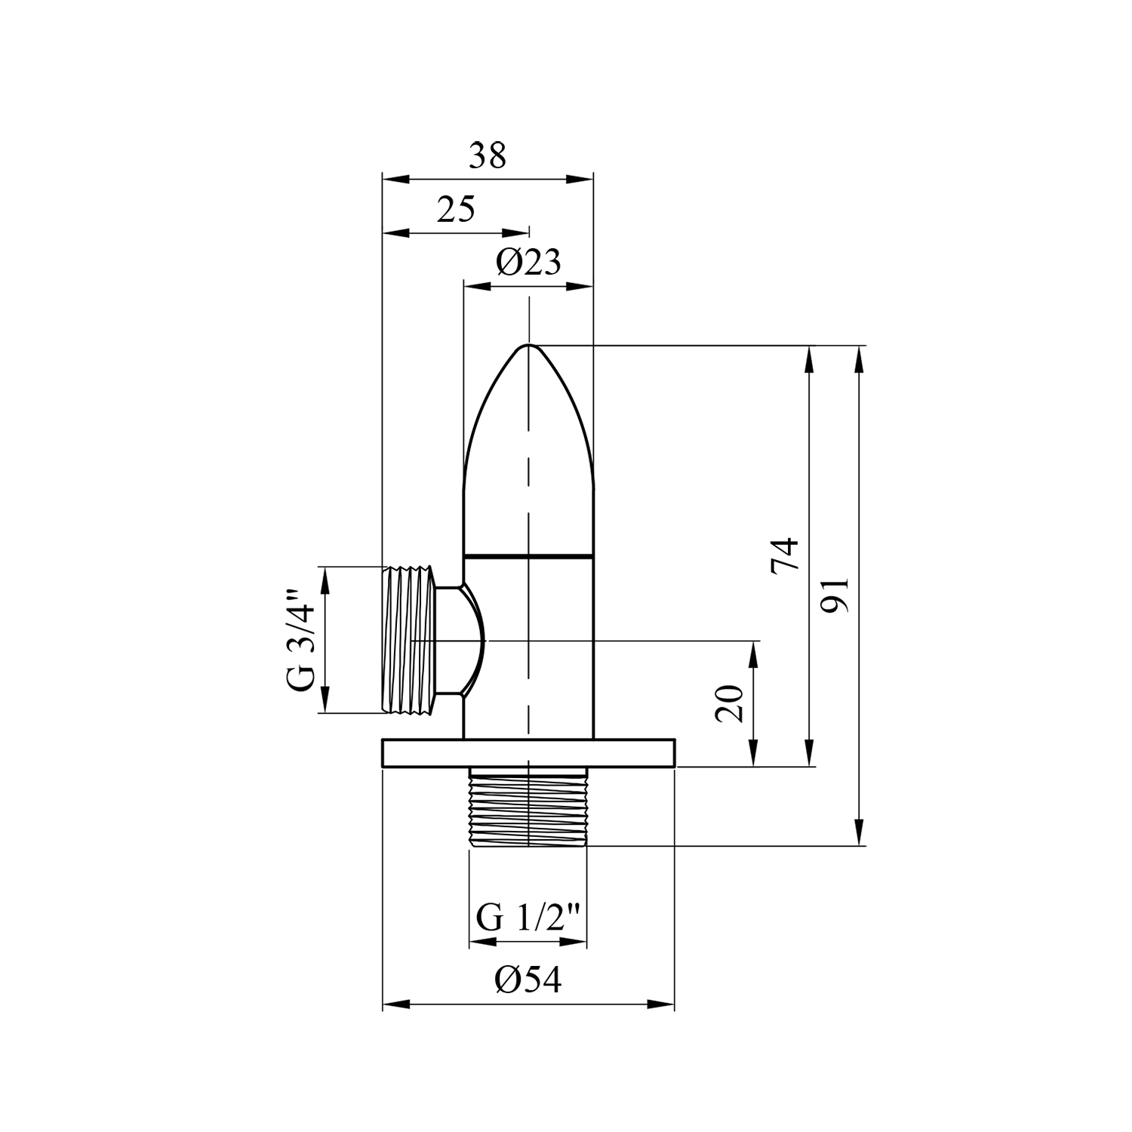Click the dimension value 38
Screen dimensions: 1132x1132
[488, 156]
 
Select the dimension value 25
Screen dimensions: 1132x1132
[456, 209]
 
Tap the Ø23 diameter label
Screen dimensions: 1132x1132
[528, 263]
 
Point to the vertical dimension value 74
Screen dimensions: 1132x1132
[785, 556]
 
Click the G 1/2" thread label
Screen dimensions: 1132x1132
[528, 918]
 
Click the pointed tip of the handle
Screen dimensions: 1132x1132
[528, 346]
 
